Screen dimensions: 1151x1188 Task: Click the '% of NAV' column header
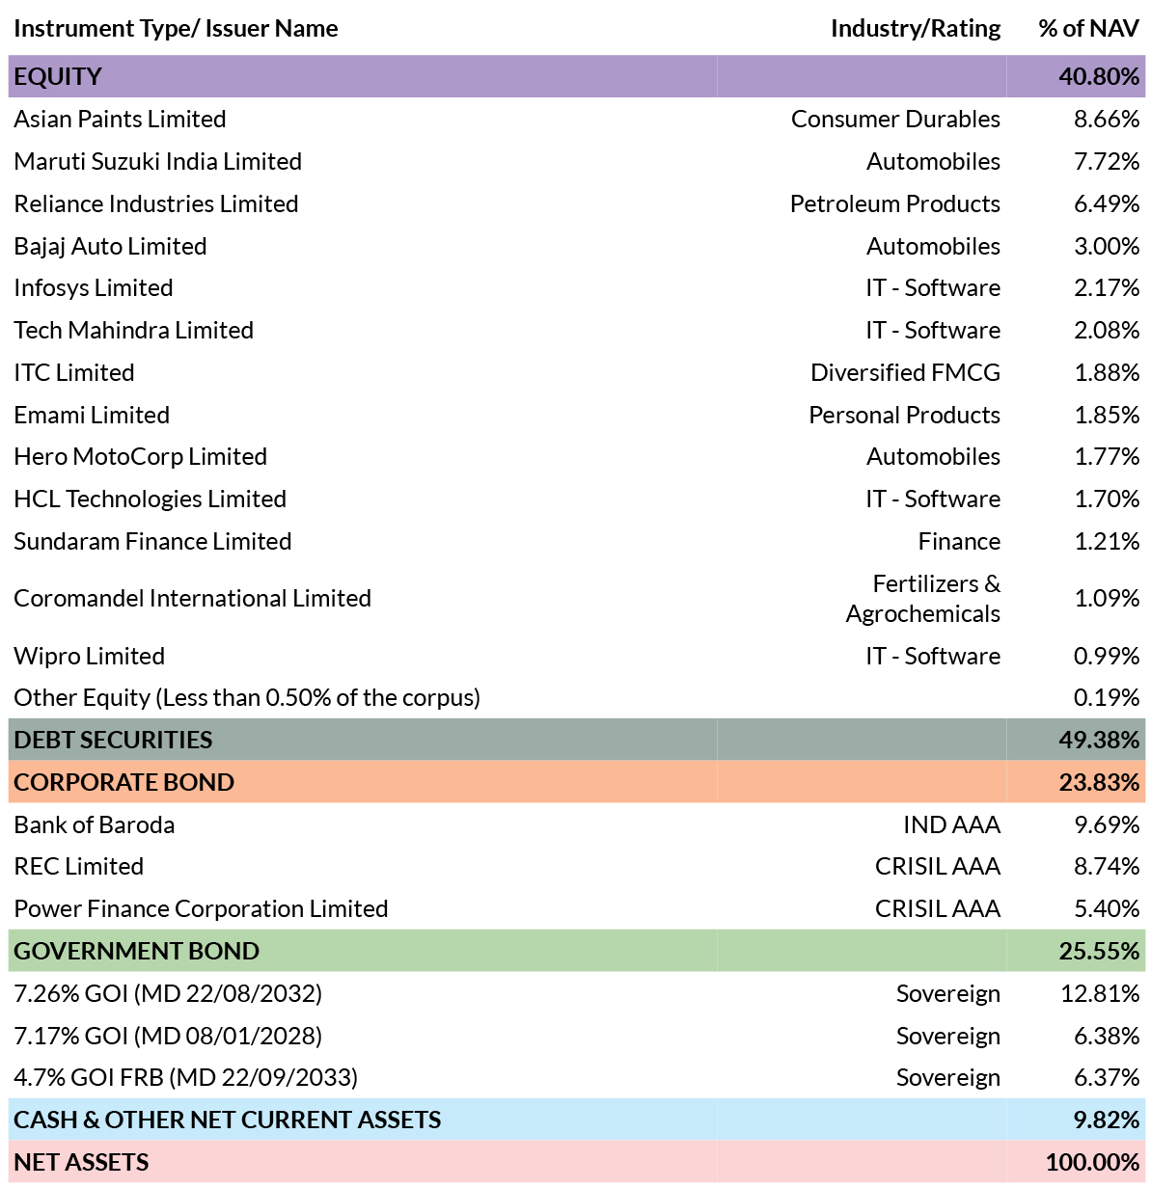coord(1088,29)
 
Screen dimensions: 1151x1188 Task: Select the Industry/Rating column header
coord(916,29)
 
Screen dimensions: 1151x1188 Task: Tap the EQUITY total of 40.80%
coord(1099,76)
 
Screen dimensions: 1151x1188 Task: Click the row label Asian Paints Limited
coord(120,119)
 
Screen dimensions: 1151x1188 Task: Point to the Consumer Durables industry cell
coord(895,119)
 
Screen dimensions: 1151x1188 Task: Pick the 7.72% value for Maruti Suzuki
coord(1107,161)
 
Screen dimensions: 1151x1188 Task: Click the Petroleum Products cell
coord(895,203)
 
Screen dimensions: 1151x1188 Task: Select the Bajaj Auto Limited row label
coord(111,246)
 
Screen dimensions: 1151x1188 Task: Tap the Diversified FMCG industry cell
coord(905,372)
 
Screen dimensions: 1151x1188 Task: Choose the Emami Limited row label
coord(92,416)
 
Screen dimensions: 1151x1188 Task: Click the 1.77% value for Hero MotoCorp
coord(1107,457)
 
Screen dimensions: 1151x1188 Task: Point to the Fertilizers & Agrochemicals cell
coord(922,598)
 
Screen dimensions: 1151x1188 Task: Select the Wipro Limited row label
coord(89,657)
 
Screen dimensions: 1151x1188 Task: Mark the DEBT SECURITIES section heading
coord(113,740)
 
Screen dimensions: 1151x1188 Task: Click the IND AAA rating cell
coord(952,824)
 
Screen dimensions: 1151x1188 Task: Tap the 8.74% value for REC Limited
coord(1107,866)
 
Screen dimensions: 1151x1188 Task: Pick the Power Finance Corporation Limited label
coord(201,908)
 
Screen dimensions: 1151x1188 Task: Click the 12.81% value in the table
coord(1100,993)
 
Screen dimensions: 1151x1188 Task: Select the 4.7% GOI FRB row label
coord(186,1077)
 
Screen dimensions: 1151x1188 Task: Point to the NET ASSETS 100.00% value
coord(1092,1162)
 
